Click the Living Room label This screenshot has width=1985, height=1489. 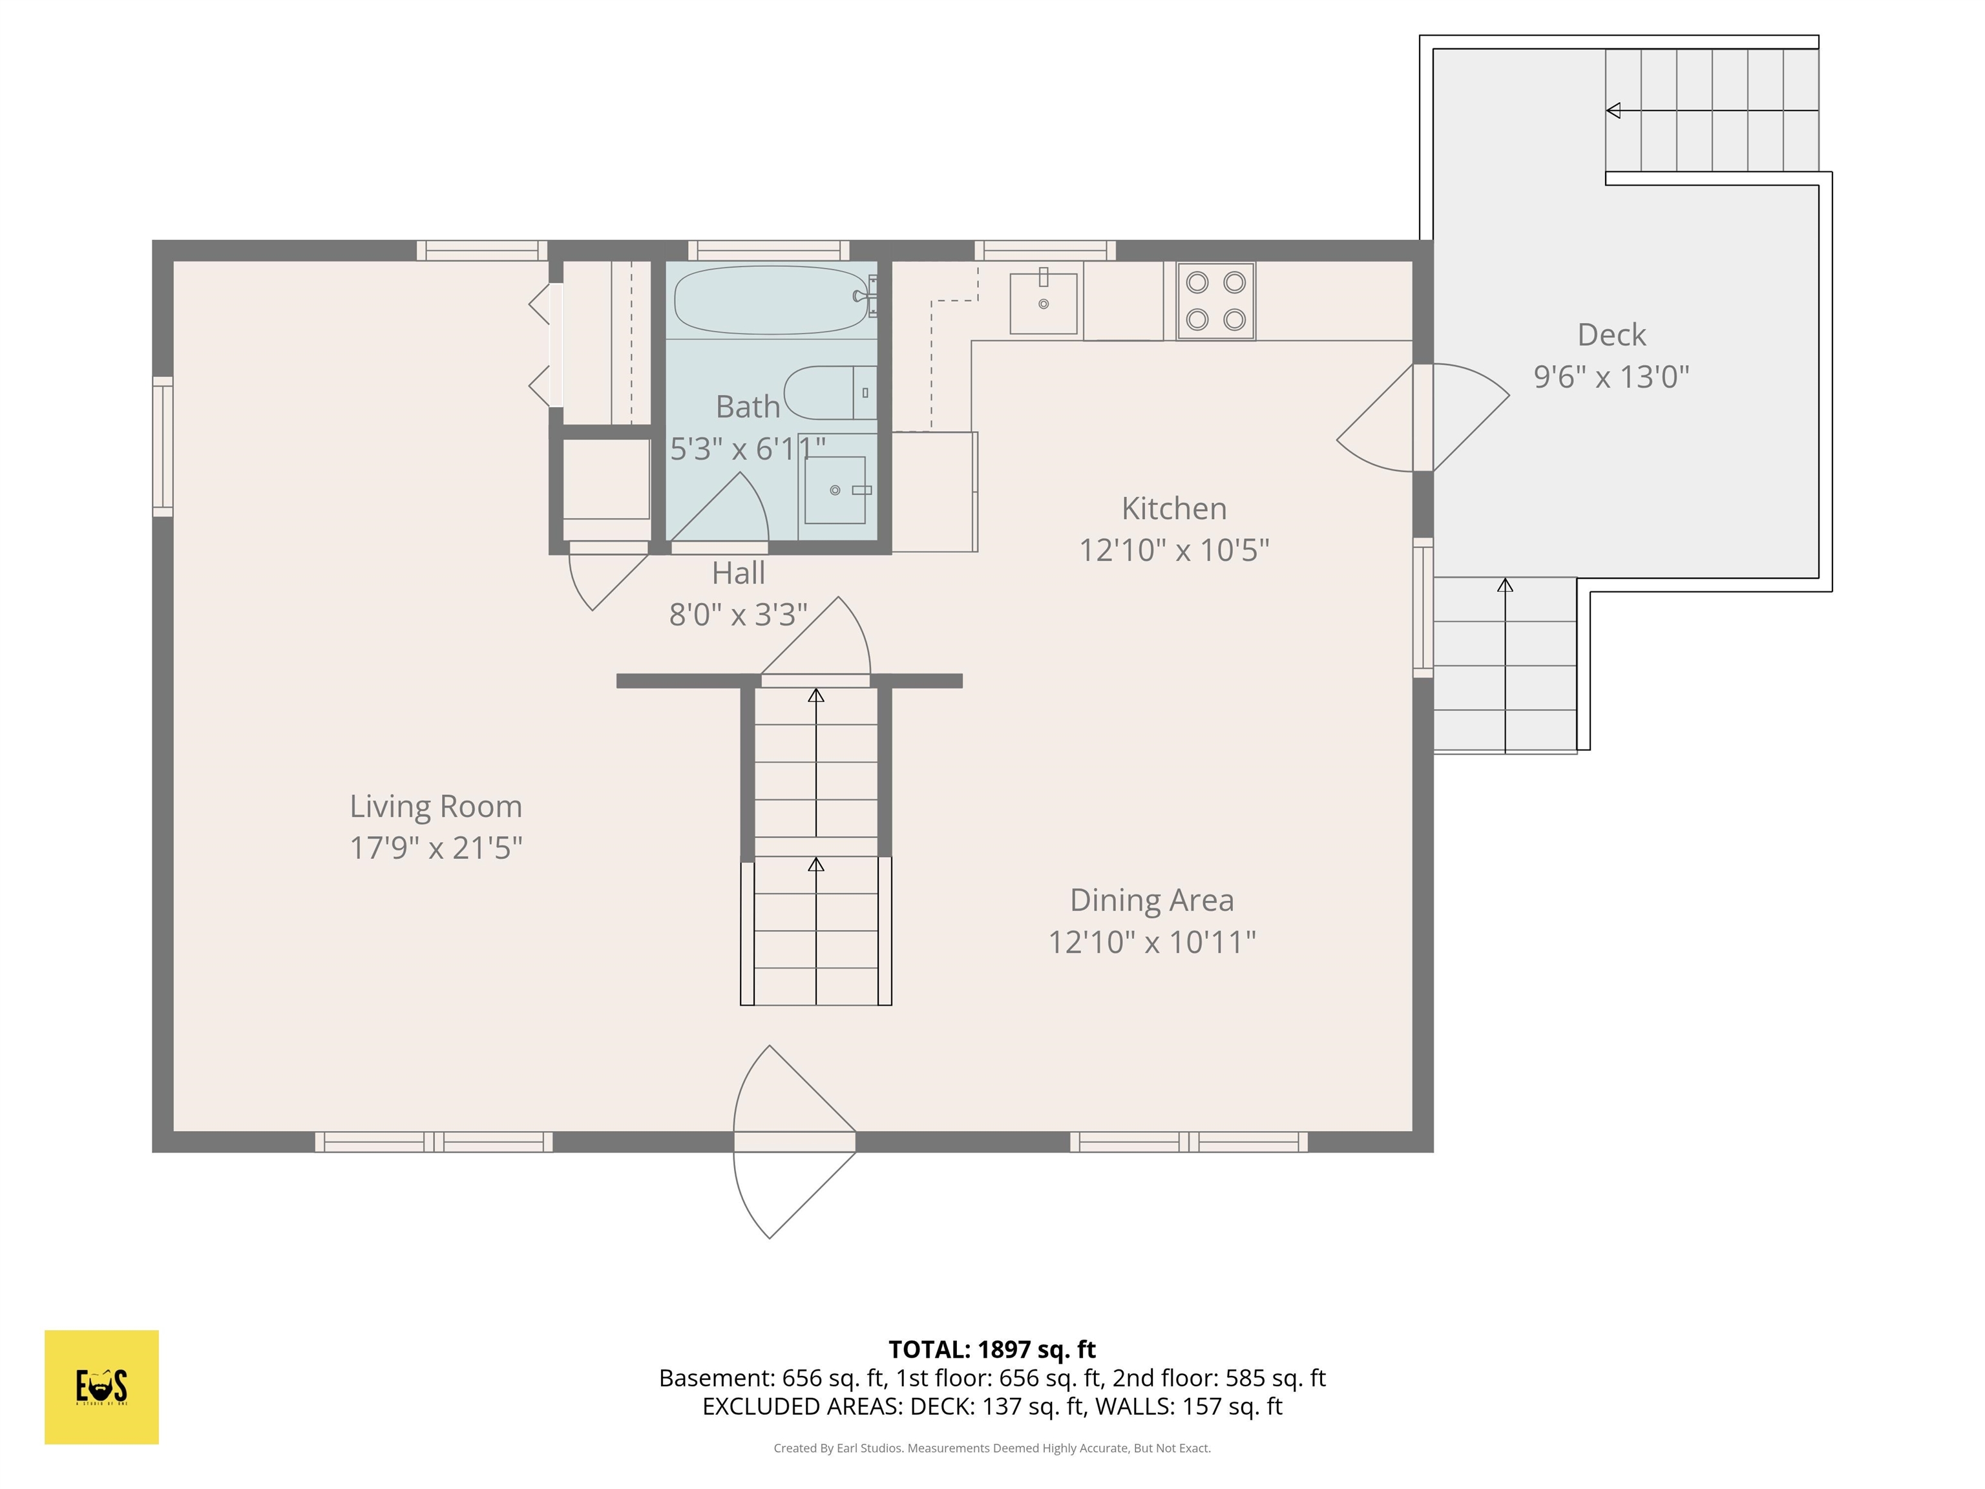pyautogui.click(x=436, y=806)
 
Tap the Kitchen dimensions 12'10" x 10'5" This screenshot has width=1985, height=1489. pyautogui.click(x=1174, y=550)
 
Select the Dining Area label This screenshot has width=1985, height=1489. pyautogui.click(x=1151, y=900)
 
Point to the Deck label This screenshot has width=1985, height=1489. pyautogui.click(x=1611, y=335)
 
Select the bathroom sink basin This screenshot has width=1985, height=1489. pyautogui.click(x=835, y=490)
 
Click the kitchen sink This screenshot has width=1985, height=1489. pyautogui.click(x=1043, y=303)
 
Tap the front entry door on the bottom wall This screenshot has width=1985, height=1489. pyautogui.click(x=793, y=1142)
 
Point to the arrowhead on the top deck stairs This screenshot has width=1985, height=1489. pyautogui.click(x=1613, y=111)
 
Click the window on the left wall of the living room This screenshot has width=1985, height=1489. pyautogui.click(x=162, y=446)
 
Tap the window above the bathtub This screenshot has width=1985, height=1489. pyautogui.click(x=768, y=250)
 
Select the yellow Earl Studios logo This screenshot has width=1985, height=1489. pyautogui.click(x=101, y=1387)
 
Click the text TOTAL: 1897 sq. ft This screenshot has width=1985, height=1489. pyautogui.click(x=992, y=1349)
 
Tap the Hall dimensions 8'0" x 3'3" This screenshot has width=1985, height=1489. pyautogui.click(x=738, y=615)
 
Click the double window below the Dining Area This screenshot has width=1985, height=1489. pyautogui.click(x=1188, y=1142)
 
